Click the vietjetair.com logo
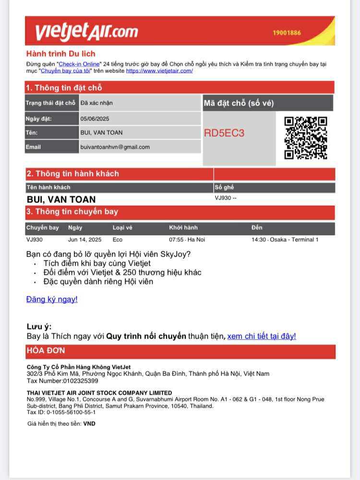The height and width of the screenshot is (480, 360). (86, 32)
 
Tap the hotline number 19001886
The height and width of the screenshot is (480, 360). (287, 33)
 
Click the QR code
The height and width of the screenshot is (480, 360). (306, 138)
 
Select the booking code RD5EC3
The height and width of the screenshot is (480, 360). (224, 133)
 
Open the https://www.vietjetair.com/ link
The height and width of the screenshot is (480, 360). (159, 70)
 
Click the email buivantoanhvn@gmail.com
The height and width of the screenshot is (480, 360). (115, 147)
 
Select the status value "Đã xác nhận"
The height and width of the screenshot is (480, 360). (96, 103)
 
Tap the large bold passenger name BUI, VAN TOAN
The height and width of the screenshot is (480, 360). (61, 199)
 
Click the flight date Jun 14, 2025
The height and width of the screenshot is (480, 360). (84, 240)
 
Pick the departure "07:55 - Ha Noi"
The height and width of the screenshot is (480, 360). (187, 240)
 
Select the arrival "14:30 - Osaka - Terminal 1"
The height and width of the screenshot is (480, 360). (285, 240)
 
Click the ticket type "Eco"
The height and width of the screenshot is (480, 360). (118, 240)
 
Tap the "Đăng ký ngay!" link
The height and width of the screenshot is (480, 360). (52, 299)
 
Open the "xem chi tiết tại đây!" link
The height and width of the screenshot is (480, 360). (262, 336)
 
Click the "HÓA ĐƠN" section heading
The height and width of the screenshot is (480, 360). (46, 351)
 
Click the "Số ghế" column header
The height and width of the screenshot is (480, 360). (224, 187)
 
